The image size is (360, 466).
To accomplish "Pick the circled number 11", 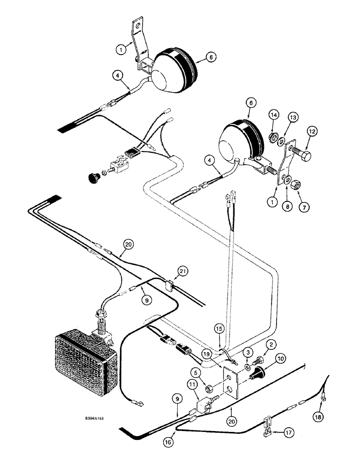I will pyautogui.click(x=192, y=384).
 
